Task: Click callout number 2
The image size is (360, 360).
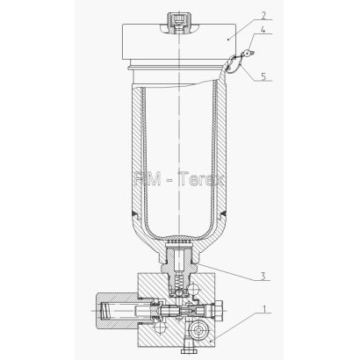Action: (264, 15)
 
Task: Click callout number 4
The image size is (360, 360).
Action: (263, 30)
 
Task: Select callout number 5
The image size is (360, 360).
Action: (263, 76)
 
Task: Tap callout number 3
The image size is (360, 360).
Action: (263, 277)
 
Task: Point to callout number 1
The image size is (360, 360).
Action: (264, 309)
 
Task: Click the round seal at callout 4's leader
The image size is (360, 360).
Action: (248, 53)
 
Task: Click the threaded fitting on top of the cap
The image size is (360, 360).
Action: (178, 21)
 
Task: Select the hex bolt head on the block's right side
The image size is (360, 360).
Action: (219, 309)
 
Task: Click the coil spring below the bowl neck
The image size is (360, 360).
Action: (177, 283)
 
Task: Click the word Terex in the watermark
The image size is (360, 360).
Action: (201, 178)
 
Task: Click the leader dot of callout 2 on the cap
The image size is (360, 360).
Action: (227, 39)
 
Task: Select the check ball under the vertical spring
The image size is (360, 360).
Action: (177, 292)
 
